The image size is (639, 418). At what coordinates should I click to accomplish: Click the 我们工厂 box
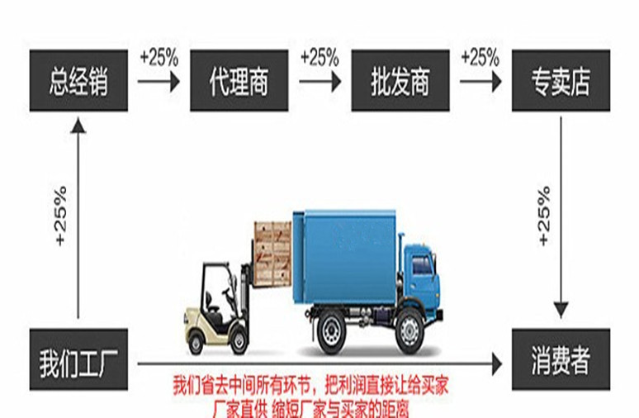pyautogui.click(x=78, y=361)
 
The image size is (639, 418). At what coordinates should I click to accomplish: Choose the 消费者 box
pyautogui.click(x=561, y=361)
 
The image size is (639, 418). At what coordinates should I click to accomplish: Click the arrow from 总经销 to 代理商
pyautogui.click(x=159, y=83)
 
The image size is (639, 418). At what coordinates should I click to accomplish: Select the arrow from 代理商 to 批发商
pyautogui.click(x=319, y=83)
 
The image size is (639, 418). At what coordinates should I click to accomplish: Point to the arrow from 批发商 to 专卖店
pyautogui.click(x=480, y=83)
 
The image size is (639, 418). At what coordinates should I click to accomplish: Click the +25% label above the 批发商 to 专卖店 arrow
pyautogui.click(x=480, y=58)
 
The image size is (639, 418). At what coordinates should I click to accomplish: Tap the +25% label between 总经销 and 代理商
pyautogui.click(x=159, y=58)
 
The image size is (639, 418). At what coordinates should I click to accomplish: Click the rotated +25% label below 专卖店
pyautogui.click(x=543, y=216)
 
